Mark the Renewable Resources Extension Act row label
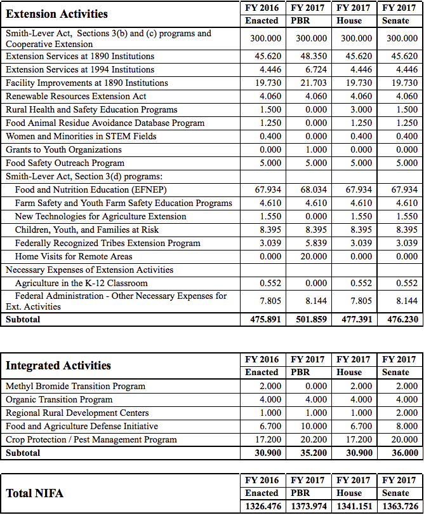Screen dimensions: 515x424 tap(76, 96)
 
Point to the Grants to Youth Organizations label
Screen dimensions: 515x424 tap(63, 149)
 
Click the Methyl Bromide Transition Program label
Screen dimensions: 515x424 tap(76, 386)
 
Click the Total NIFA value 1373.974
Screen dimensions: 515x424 tap(309, 506)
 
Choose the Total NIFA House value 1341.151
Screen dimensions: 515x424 tap(354, 506)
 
